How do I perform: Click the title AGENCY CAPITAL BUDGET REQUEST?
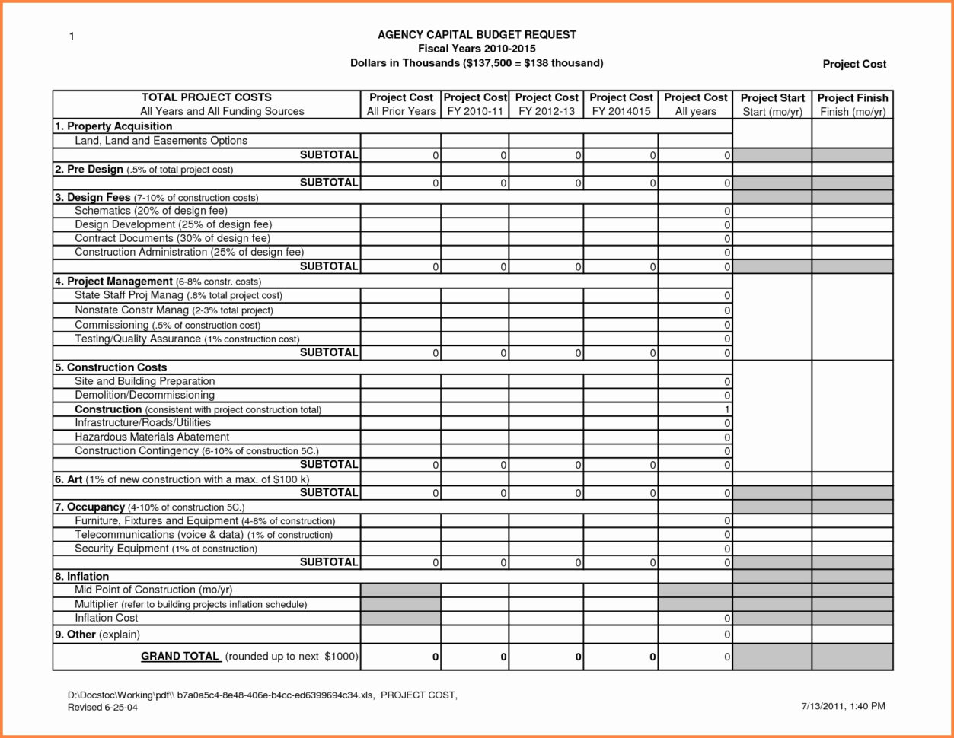click(477, 35)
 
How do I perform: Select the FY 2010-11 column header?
click(475, 105)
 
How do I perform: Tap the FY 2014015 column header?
click(621, 105)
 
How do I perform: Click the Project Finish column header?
click(852, 105)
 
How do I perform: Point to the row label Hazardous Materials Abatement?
click(152, 437)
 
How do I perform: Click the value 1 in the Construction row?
click(728, 409)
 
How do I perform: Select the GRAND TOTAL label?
click(180, 656)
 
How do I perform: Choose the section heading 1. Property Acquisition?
click(113, 126)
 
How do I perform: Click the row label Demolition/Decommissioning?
click(145, 395)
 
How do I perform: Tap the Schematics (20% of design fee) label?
click(151, 211)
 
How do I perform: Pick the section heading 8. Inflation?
click(81, 576)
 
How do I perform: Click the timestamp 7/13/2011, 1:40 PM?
click(842, 706)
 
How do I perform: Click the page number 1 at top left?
click(72, 37)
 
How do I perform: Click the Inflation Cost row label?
click(107, 618)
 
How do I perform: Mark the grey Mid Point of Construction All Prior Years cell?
click(400, 590)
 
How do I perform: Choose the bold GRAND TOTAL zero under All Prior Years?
click(435, 657)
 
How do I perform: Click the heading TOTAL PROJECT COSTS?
click(206, 97)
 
